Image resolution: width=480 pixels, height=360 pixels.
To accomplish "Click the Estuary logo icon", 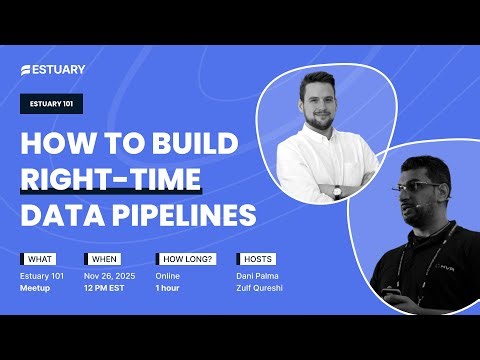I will click(27, 70).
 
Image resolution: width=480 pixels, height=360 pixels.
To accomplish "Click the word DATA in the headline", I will click(60, 215).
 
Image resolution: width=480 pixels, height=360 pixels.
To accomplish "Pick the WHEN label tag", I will click(104, 258).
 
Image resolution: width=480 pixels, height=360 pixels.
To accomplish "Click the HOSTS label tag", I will click(253, 258).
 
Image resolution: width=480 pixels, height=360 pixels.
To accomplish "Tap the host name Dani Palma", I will click(258, 274).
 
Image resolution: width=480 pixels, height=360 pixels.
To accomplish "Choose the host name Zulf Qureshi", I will click(261, 286).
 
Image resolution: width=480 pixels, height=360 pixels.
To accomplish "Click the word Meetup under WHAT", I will click(36, 286).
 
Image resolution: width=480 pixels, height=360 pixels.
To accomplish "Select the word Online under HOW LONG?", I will click(168, 274).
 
